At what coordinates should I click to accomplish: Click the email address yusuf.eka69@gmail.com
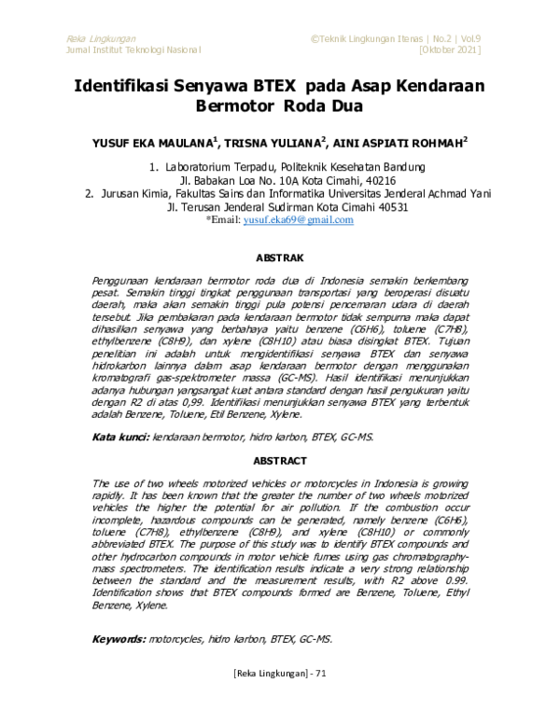pos(298,220)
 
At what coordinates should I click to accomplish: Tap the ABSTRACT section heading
pos(279,461)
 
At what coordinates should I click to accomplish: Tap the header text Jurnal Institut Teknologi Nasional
pos(134,49)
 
